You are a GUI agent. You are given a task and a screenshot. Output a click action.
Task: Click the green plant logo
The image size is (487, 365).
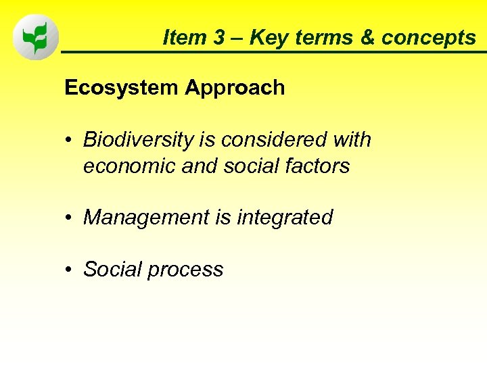pos(35,38)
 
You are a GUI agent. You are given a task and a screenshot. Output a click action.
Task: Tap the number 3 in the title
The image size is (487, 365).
pos(218,38)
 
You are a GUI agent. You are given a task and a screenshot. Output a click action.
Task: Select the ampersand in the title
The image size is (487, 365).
pos(367,38)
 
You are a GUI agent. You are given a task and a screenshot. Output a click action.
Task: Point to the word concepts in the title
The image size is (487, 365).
pos(428,38)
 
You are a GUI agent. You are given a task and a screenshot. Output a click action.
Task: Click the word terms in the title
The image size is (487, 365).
pos(329,38)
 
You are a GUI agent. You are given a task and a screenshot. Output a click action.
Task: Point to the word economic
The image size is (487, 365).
pos(125,166)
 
